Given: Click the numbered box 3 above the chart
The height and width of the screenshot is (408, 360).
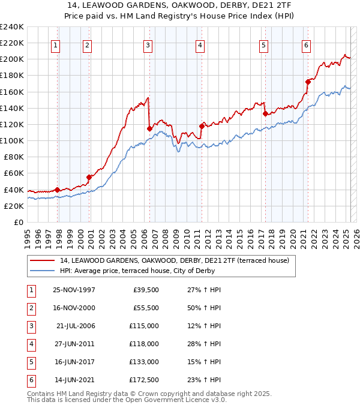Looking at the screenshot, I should point(148,44).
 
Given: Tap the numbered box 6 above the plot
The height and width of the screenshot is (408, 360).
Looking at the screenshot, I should point(306,44).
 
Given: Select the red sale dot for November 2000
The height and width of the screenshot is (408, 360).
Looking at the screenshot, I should point(89,177).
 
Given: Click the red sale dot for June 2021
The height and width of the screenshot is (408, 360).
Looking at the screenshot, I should point(307,82).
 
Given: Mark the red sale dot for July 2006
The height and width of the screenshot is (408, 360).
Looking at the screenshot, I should point(149,128).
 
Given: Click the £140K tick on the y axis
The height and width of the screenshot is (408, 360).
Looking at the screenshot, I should point(11,108).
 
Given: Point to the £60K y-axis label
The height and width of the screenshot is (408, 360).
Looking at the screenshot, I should point(13,173).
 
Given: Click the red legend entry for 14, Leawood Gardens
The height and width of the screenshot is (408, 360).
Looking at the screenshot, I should point(174,260).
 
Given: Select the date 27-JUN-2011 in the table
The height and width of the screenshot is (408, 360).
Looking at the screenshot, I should point(74,344).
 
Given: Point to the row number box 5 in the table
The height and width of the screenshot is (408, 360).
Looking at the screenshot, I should point(30,362).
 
